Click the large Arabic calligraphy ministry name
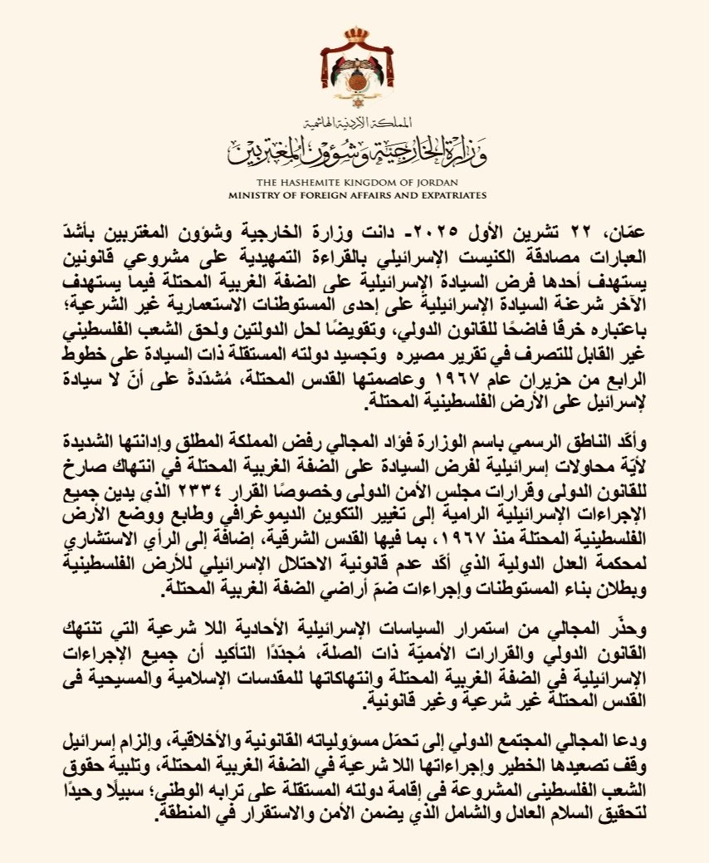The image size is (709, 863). point(354,150)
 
